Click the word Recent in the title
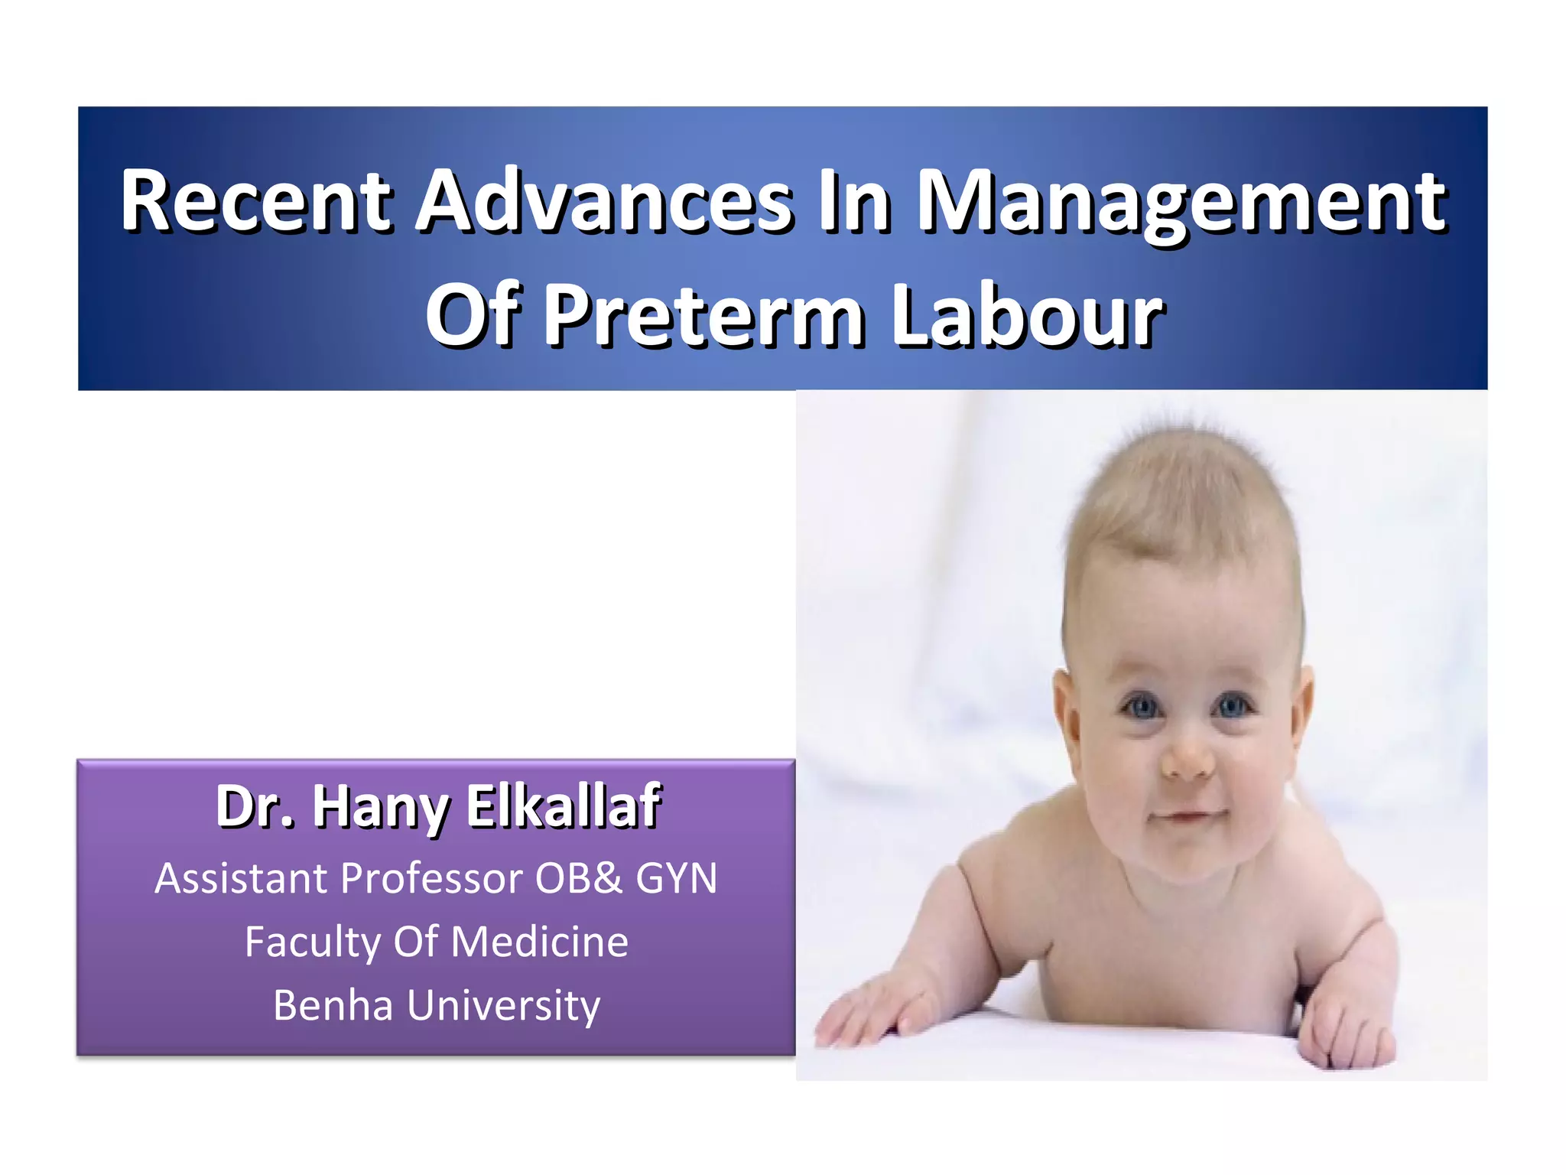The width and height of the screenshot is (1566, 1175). click(256, 200)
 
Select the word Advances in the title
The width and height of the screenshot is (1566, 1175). click(604, 200)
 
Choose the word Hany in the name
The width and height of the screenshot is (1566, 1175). click(381, 807)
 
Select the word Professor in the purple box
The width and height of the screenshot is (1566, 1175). click(432, 877)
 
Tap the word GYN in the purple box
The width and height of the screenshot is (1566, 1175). click(676, 877)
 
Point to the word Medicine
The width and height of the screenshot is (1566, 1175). click(540, 941)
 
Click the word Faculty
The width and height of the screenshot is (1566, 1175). click(312, 942)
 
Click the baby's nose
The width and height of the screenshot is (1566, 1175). click(1187, 757)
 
